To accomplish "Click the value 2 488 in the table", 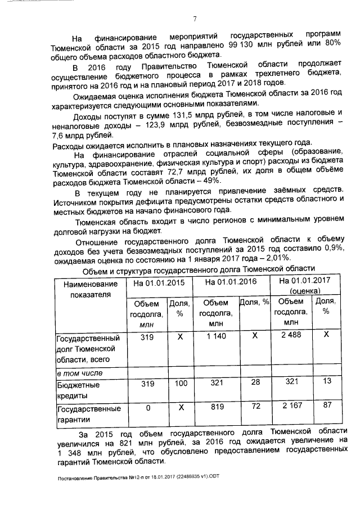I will click(x=291, y=336).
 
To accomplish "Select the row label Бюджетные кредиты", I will click(x=78, y=389).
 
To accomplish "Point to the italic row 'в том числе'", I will click(x=79, y=372).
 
